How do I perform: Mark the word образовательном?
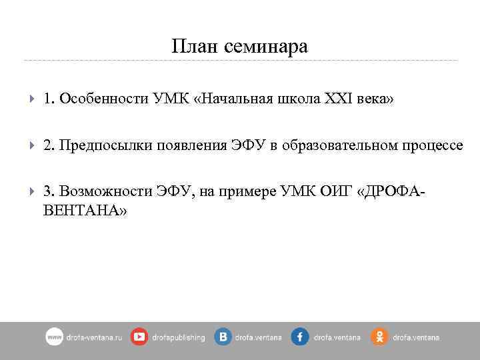(338, 145)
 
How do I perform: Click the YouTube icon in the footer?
(139, 337)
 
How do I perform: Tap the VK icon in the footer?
(223, 337)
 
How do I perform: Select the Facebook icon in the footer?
(299, 337)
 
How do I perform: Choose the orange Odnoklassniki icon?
(379, 337)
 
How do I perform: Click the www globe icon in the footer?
(54, 337)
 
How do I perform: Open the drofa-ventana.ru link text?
(95, 337)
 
